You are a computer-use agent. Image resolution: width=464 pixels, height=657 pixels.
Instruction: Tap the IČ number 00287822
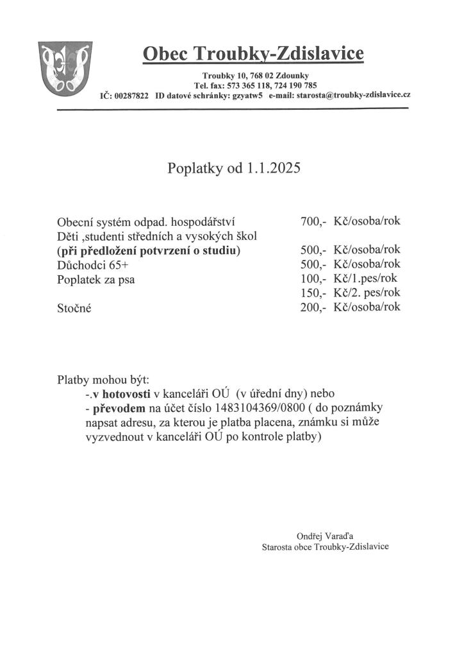coord(131,96)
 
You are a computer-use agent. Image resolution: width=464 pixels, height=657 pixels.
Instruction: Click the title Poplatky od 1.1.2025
coord(233,169)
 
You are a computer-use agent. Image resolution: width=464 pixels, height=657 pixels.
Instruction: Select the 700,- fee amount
coord(313,222)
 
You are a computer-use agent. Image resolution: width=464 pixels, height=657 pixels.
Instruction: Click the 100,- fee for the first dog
coord(313,279)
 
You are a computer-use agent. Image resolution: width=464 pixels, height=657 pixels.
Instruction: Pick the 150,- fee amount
coord(313,293)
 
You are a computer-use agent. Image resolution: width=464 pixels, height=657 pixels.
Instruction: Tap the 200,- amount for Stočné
coord(313,307)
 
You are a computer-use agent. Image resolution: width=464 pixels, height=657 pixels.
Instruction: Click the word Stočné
coord(74,308)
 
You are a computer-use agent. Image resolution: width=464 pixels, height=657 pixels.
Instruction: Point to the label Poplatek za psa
coord(97,279)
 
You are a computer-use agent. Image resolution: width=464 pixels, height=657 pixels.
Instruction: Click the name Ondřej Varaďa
coord(325,535)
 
